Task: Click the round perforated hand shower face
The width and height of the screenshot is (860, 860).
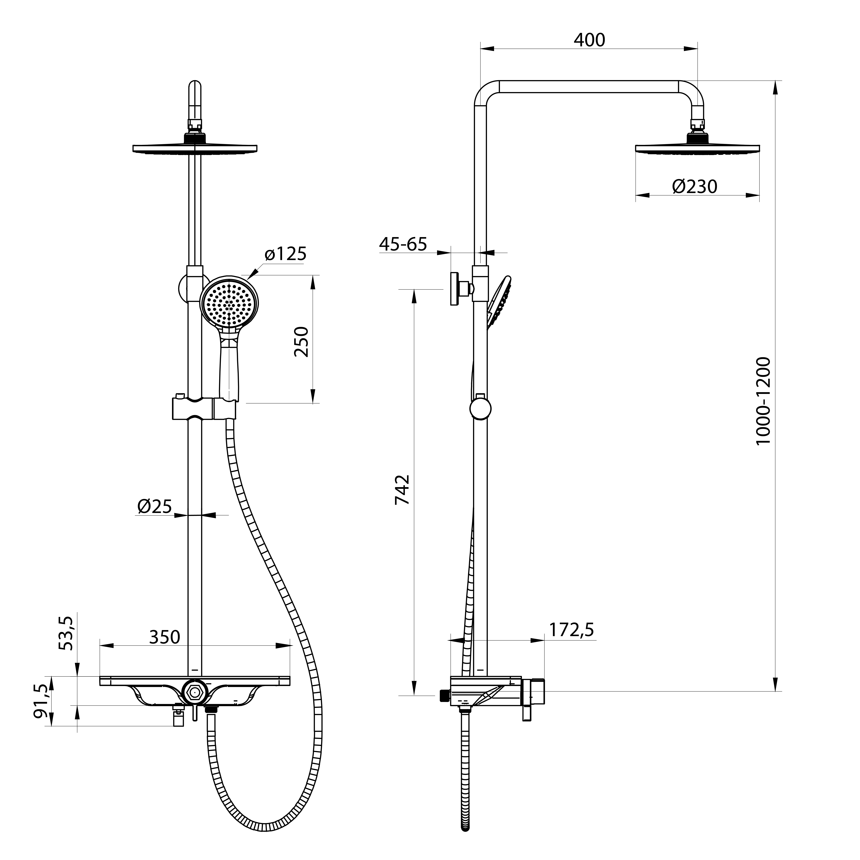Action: coord(229,303)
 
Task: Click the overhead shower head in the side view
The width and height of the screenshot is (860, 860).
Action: coord(697,148)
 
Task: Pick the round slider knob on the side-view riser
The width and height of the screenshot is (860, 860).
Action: coord(480,409)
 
